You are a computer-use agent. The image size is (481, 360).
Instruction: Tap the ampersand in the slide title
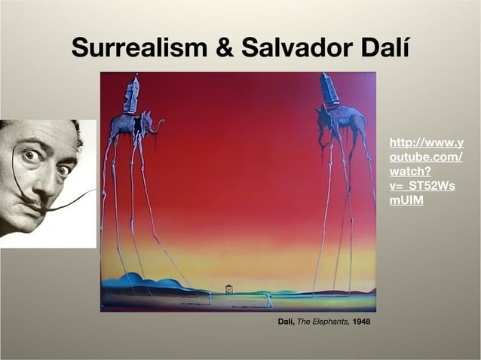coord(223,48)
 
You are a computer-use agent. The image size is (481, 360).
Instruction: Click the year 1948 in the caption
coord(360,323)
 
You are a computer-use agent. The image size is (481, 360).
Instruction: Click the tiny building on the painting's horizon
coord(229,289)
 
